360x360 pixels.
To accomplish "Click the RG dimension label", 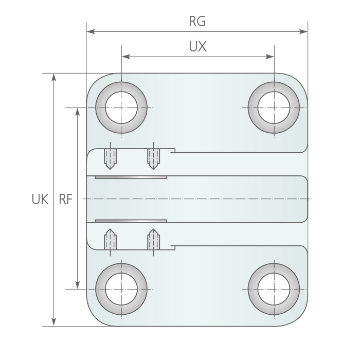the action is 197,22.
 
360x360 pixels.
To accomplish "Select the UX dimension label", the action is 197,46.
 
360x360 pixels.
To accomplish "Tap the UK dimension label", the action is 40,199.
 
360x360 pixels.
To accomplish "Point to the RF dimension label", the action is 66,199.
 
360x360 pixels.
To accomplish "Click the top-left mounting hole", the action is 121,107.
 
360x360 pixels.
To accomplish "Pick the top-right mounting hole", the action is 274,107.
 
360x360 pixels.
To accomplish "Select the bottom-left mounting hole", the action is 121,289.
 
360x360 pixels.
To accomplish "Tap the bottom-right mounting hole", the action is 274,289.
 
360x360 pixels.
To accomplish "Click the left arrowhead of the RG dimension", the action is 91,31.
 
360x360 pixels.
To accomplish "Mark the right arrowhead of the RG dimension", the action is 303,31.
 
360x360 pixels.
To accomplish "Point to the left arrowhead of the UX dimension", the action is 126,57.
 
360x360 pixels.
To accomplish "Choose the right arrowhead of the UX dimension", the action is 269,57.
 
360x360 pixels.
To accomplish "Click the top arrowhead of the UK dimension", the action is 53,77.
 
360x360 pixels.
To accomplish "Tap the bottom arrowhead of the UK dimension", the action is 53,322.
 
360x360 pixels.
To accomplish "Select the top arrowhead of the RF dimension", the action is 78,112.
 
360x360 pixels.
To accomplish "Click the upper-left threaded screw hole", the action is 110,159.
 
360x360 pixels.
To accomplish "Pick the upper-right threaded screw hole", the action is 153,159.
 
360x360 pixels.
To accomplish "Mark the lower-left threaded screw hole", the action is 110,239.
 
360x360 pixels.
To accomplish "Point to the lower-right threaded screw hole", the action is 153,239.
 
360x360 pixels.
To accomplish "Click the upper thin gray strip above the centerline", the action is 131,177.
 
